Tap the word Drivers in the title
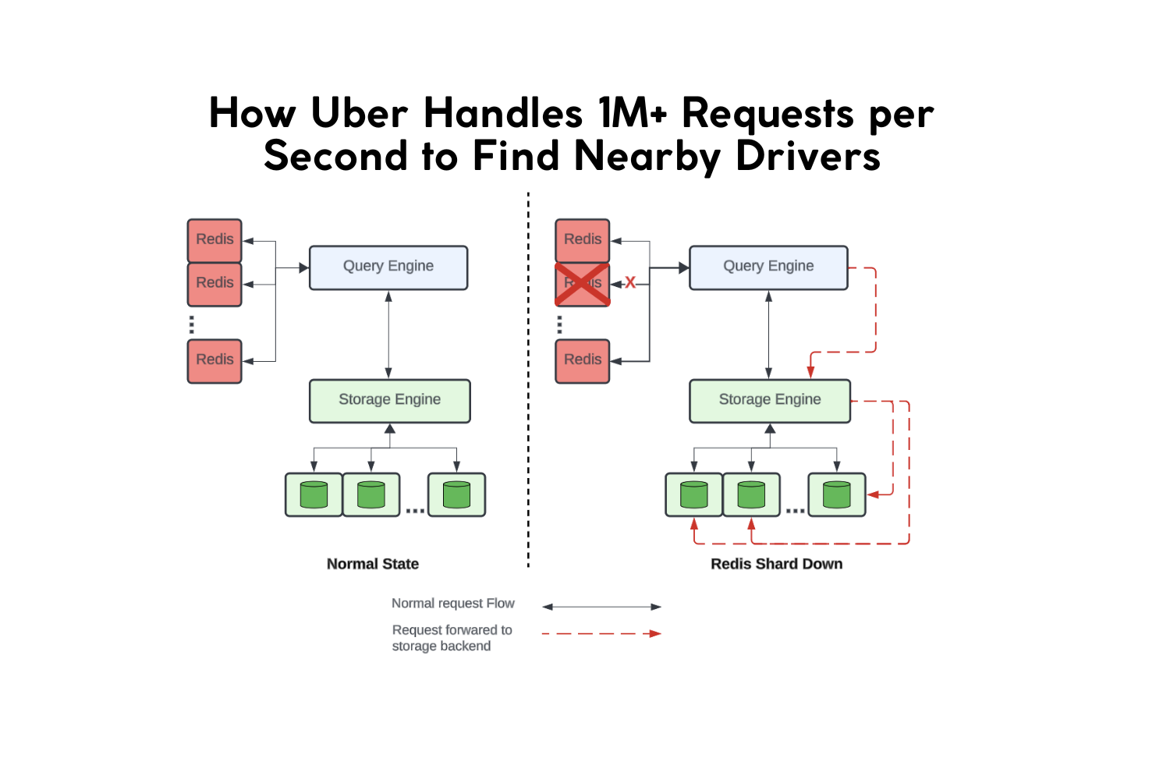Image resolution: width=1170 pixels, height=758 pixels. [x=808, y=156]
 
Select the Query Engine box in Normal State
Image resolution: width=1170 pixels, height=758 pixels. [x=388, y=267]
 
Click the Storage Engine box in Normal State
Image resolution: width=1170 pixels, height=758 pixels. [x=389, y=401]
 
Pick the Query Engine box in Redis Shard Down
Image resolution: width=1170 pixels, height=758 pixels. [x=768, y=267]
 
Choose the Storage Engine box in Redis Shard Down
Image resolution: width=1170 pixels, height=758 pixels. [x=769, y=401]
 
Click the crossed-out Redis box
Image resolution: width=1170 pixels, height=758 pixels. [x=582, y=284]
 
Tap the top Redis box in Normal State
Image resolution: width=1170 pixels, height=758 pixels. [x=214, y=240]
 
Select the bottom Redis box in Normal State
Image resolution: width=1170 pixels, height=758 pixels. [x=214, y=360]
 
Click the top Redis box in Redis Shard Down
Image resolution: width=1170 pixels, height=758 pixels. [x=582, y=240]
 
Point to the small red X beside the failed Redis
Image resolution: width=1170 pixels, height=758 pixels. [x=630, y=283]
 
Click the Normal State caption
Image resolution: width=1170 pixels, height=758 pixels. [x=373, y=564]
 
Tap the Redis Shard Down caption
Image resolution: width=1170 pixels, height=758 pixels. [x=776, y=564]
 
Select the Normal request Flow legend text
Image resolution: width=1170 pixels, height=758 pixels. [x=452, y=604]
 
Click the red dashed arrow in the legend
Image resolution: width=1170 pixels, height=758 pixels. [x=601, y=633]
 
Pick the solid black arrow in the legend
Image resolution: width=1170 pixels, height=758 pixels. [x=601, y=607]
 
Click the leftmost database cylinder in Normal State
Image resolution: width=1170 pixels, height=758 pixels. [x=314, y=494]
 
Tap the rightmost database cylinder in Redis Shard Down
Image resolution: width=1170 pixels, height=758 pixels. [x=836, y=494]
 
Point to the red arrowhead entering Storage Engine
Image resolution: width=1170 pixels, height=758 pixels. [x=811, y=372]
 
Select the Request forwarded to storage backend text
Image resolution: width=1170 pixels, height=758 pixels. [x=452, y=638]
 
